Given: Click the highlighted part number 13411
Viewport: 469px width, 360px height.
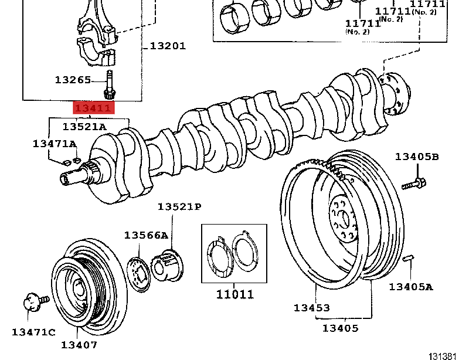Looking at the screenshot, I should pos(92,108).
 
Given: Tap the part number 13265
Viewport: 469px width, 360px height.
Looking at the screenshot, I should pos(73,79).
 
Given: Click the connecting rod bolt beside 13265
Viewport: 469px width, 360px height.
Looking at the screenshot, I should pos(109,86).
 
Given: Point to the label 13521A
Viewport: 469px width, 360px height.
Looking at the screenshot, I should pos(84,126).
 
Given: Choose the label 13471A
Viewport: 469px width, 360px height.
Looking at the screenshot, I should pos(55,144).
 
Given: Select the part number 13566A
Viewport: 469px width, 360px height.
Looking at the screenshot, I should pos(146,235).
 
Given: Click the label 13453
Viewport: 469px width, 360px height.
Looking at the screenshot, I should pos(311,308).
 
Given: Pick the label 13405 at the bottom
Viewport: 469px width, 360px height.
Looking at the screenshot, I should pos(340,328).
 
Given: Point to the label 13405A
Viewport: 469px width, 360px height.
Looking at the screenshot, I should pos(411,287).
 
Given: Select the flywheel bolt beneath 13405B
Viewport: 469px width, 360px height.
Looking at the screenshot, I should pos(413,182).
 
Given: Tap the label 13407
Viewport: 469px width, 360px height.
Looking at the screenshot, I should pos(79,345).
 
